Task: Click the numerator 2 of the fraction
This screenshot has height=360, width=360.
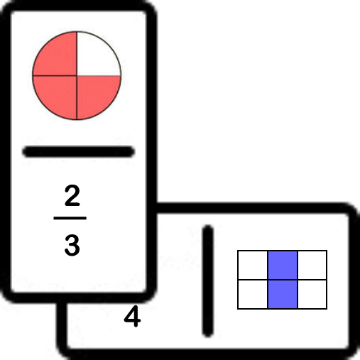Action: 72,195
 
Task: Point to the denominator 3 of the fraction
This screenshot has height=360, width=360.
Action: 72,246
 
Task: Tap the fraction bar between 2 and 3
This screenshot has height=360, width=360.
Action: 70,218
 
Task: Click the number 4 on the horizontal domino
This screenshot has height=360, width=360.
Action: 132,316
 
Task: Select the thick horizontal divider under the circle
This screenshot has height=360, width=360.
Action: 79,152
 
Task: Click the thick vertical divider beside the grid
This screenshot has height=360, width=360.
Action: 208,281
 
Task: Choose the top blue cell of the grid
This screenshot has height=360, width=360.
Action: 283,265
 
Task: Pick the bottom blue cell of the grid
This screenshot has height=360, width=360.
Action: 283,294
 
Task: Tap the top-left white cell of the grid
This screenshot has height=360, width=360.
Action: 253,265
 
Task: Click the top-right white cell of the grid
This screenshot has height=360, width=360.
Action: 312,265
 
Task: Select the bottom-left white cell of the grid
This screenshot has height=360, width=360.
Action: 253,294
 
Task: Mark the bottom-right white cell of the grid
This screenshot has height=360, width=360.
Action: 312,294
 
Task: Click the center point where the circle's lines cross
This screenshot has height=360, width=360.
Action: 77,76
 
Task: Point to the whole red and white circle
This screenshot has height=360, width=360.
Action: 77,76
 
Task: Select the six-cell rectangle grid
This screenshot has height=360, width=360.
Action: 283,280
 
